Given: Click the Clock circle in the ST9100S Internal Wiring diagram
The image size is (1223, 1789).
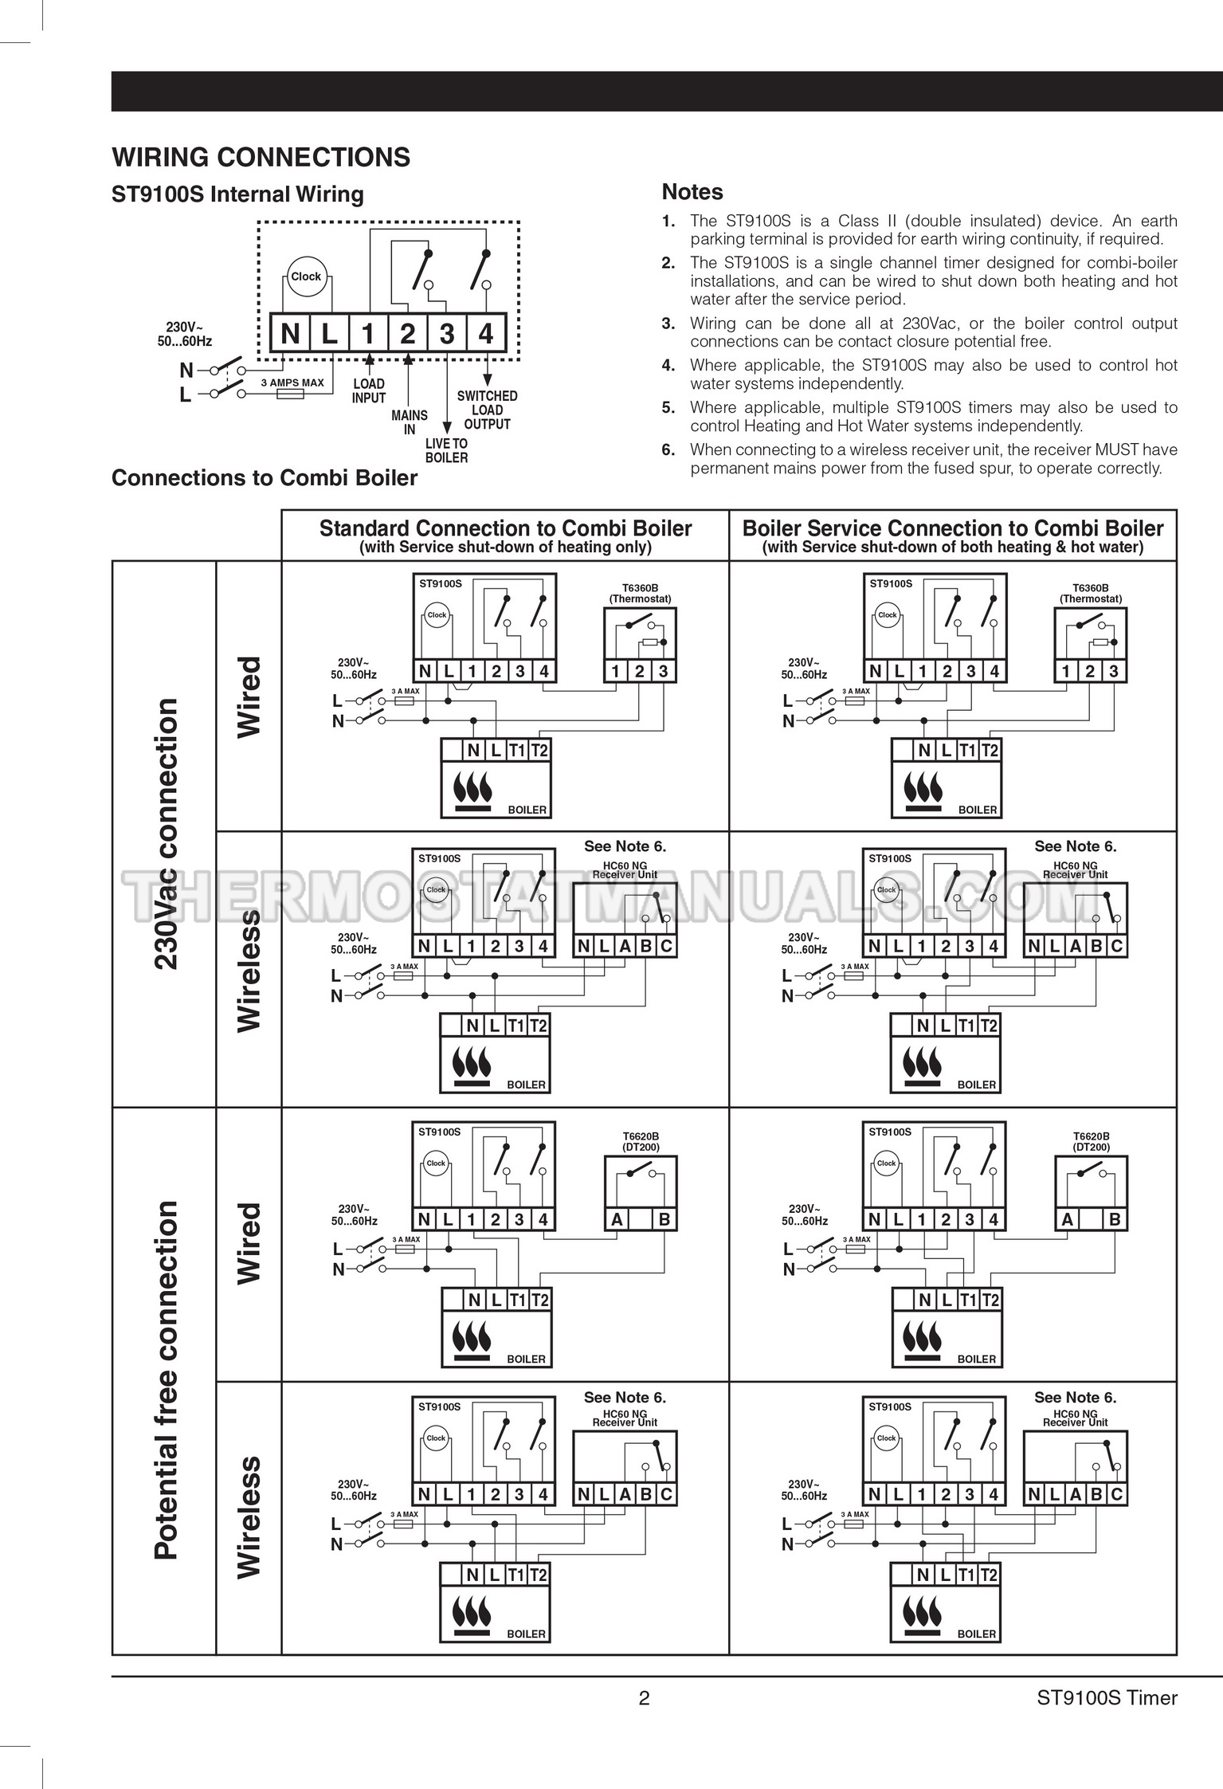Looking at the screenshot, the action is [x=306, y=277].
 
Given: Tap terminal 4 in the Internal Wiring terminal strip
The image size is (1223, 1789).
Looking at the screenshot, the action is [x=486, y=333].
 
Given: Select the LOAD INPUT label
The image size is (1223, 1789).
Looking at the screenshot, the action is [x=369, y=390].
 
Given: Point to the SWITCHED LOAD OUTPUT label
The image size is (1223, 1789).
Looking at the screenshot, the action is [x=488, y=410].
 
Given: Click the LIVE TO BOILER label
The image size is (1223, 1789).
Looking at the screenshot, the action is [x=446, y=450].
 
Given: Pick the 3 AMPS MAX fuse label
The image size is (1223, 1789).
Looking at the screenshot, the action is [x=292, y=383].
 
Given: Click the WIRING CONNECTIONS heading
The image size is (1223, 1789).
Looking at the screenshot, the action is [x=261, y=157].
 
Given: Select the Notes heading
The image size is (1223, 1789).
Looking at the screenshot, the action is [x=692, y=192].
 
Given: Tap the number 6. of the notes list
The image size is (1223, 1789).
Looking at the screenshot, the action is [x=668, y=449].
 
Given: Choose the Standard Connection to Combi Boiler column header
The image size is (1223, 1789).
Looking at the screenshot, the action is [x=505, y=528].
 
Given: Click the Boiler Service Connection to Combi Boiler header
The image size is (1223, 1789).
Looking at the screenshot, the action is [x=953, y=528].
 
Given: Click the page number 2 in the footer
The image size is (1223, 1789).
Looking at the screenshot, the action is [x=645, y=1698].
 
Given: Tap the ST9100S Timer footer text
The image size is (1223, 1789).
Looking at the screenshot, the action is [x=1107, y=1698].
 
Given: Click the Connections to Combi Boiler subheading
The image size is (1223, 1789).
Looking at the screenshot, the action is [x=265, y=478].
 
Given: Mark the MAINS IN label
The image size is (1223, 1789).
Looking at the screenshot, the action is [x=410, y=422].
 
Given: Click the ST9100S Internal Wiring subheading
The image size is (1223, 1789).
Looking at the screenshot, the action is [x=237, y=194].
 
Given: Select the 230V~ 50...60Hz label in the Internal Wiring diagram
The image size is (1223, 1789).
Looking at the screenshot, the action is [x=185, y=334].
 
